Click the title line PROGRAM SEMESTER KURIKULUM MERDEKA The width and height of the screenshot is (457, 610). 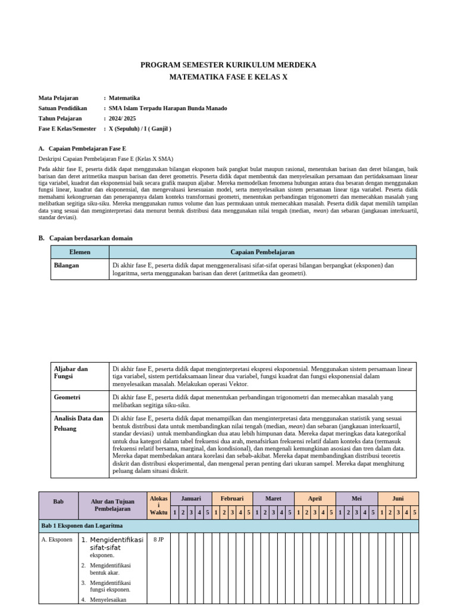[x=228, y=65]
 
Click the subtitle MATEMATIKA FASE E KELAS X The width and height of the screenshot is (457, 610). [x=228, y=77]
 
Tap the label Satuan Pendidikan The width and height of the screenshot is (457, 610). [x=62, y=108]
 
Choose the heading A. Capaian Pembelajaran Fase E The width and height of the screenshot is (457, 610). [x=82, y=148]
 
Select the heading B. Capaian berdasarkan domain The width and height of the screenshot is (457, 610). [x=85, y=238]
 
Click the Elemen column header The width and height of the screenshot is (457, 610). [x=80, y=252]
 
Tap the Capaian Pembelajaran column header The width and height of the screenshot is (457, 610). [x=262, y=252]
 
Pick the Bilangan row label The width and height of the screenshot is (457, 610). [x=67, y=265]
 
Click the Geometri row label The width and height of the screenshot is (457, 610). [x=67, y=397]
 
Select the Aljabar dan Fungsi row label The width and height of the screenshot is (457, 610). [x=71, y=373]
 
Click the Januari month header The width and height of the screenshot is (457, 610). [x=191, y=498]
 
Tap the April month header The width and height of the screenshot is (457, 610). [x=315, y=498]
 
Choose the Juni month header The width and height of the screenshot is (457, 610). [x=397, y=498]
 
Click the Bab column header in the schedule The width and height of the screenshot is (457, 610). [x=58, y=502]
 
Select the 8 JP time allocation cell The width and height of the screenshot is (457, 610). [x=158, y=540]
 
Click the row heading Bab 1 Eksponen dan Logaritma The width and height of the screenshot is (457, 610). [x=82, y=526]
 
